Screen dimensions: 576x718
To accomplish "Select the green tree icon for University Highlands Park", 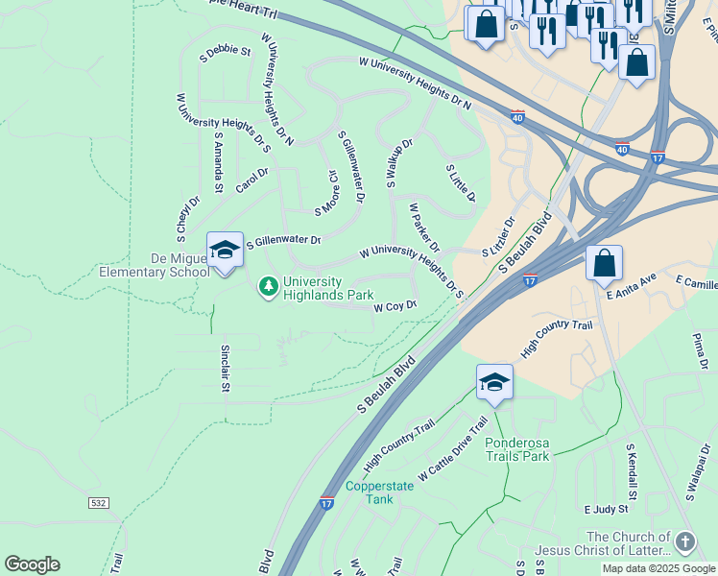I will [x=269, y=287].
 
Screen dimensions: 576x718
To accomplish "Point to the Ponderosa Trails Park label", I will [x=517, y=449].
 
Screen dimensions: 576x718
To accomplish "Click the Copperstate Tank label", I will [x=379, y=492].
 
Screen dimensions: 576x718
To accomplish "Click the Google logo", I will [x=32, y=564].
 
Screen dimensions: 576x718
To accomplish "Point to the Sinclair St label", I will [x=226, y=369].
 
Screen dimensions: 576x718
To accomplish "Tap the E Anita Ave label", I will [x=632, y=285].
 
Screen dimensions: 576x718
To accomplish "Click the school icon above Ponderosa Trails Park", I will [x=494, y=383].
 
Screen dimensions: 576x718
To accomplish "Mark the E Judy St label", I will [x=605, y=508].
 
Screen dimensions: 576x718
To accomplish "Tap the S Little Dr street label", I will [x=461, y=181].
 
